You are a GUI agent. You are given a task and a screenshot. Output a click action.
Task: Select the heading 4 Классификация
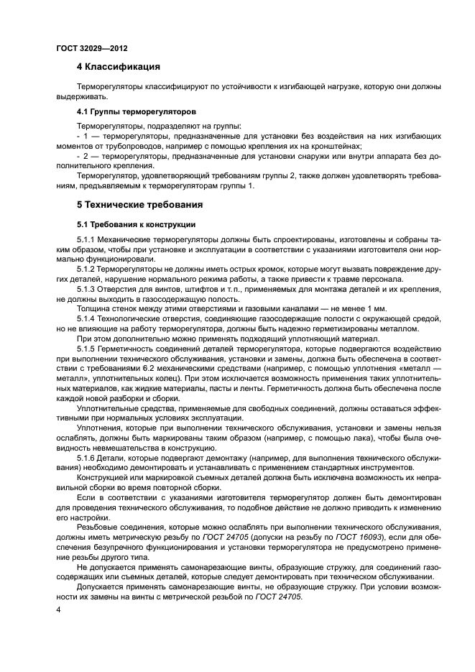(x=119, y=69)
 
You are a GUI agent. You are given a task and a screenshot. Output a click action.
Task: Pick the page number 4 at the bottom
(x=59, y=609)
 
